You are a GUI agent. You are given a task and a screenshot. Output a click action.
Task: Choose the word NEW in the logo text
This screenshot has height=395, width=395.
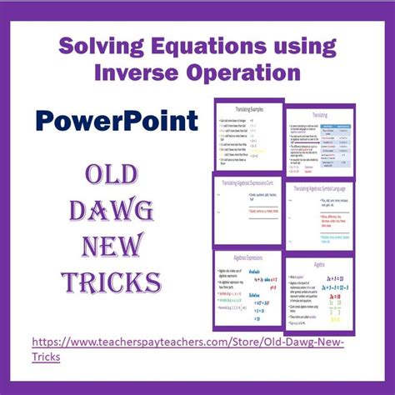coord(106,247)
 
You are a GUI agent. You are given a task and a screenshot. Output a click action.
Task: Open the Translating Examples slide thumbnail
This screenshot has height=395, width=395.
coord(247,137)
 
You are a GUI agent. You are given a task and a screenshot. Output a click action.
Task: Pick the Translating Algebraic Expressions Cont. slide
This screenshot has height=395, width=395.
coord(247,210)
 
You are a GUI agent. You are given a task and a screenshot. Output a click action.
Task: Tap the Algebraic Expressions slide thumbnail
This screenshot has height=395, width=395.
coord(247,287)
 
